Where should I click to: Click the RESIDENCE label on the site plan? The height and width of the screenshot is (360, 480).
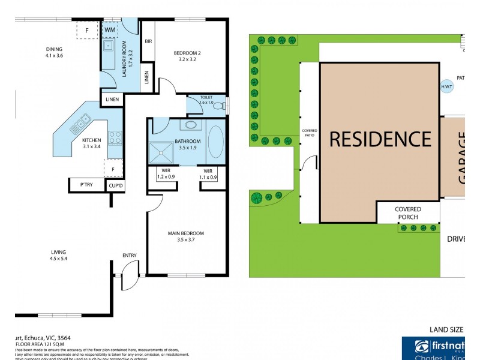tap(380, 139)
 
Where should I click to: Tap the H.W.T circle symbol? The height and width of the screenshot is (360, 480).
tap(447, 86)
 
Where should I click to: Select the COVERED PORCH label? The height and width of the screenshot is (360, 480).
tap(407, 213)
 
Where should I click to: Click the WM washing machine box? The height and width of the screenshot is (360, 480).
tap(110, 30)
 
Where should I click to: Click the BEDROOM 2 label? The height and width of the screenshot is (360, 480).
tap(187, 57)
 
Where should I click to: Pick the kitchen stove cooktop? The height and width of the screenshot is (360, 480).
tap(115, 137)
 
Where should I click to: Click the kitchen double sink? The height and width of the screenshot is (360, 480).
tap(80, 124)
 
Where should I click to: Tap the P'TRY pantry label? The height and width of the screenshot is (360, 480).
tap(86, 185)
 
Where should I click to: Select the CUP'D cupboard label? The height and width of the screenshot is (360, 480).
tap(115, 186)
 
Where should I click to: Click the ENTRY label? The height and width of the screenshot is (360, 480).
tap(129, 256)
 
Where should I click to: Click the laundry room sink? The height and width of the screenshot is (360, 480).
tap(110, 46)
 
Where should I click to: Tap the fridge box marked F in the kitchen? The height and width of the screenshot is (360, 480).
tap(113, 169)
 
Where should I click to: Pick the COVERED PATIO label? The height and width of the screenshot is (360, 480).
tap(310, 134)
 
